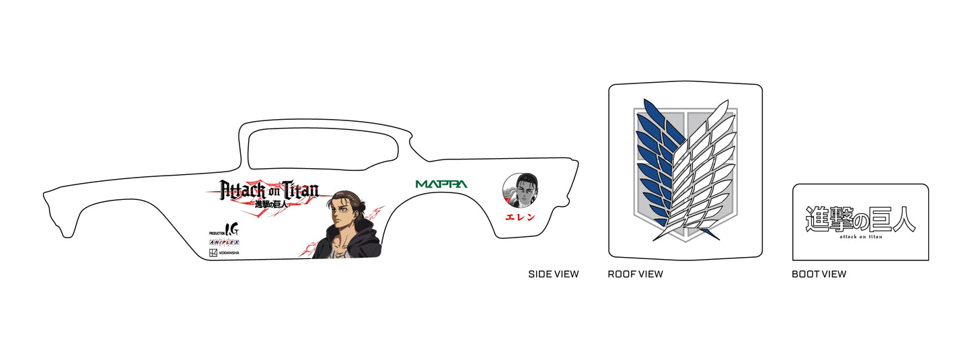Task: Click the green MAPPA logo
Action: pyautogui.click(x=441, y=184)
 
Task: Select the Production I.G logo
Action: pyautogui.click(x=224, y=229)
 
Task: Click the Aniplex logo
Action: pyautogui.click(x=224, y=242)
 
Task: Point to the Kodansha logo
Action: pyautogui.click(x=224, y=253)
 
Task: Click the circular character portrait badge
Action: pyautogui.click(x=520, y=190)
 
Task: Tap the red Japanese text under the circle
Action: pyautogui.click(x=520, y=217)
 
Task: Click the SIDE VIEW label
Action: pyautogui.click(x=553, y=274)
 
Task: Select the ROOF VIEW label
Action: pyautogui.click(x=635, y=274)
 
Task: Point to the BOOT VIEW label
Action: pyautogui.click(x=819, y=274)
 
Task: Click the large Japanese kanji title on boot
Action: pyautogui.click(x=860, y=219)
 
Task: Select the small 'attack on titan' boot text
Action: pyautogui.click(x=861, y=237)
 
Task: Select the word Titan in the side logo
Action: pyautogui.click(x=301, y=189)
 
